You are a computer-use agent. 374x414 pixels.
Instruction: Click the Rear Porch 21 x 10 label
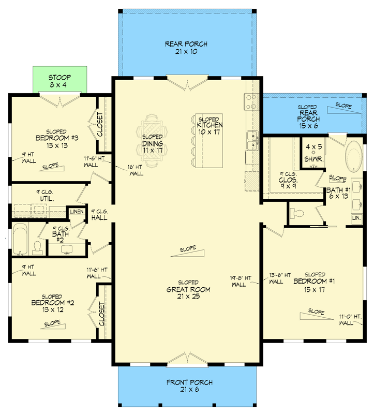point(186,48)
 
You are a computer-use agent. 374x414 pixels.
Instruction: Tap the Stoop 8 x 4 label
point(59,81)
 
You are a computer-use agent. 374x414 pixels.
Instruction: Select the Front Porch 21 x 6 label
point(189,386)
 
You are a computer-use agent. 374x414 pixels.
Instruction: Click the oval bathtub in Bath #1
point(354,157)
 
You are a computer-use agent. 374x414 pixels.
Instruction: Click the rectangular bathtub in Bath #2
point(20,239)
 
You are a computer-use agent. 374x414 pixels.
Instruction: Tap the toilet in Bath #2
point(37,248)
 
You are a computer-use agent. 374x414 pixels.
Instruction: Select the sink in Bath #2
point(67,249)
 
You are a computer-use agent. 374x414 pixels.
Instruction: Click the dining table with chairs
point(152,141)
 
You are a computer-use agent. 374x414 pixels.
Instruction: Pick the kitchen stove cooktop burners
point(251,101)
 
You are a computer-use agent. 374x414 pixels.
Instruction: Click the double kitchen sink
point(252,140)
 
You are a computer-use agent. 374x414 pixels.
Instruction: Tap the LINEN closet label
point(77,212)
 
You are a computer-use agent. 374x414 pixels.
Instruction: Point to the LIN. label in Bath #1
point(356,218)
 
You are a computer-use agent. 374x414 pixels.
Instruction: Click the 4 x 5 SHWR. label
point(313,153)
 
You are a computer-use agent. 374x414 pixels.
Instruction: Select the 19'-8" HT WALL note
point(240,281)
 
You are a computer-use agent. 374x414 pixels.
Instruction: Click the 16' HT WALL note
point(136,170)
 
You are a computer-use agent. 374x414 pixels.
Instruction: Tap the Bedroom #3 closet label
point(100,124)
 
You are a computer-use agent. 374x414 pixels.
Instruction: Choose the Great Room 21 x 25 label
point(188,290)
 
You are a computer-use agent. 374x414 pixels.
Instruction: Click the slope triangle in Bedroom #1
point(317,316)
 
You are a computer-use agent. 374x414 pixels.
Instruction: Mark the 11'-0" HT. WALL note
point(351,320)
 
